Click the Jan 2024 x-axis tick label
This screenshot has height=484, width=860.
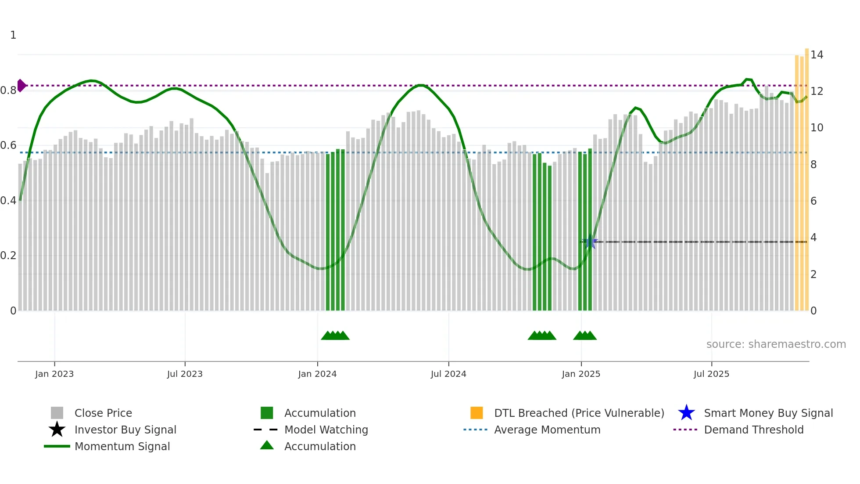[317, 374]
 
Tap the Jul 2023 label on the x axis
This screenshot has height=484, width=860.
[185, 374]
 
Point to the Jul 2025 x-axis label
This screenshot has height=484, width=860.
[711, 374]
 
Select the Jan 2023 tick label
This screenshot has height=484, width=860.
[54, 374]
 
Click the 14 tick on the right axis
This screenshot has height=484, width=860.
[817, 55]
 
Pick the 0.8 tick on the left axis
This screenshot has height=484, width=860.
[8, 90]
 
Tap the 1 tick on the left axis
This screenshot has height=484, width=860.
[13, 35]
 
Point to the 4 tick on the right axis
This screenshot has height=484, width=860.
[813, 238]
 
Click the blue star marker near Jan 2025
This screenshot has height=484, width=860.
[590, 242]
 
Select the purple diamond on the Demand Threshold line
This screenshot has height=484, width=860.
[21, 86]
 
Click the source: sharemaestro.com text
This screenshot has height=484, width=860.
[776, 344]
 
